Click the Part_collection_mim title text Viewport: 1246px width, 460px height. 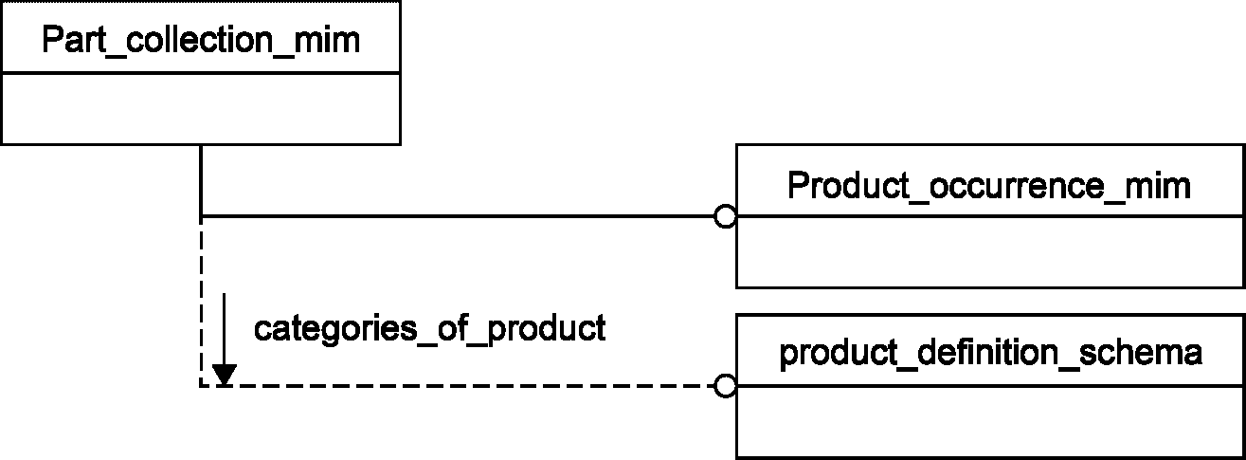coord(201,40)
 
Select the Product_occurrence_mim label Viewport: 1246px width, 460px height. coord(989,186)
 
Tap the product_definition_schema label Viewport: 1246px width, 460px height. coord(991,353)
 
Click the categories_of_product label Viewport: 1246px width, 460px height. coord(429,328)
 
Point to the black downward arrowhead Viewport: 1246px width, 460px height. coord(225,375)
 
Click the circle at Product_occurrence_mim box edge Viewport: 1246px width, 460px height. coord(726,216)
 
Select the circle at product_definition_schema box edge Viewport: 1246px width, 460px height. coord(726,385)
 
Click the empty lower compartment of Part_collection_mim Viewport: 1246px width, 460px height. coord(201,108)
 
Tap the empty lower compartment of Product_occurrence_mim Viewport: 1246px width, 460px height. coord(990,251)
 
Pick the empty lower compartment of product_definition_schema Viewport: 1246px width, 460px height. coord(990,421)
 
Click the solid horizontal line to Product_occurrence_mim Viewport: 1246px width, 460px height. coord(458,216)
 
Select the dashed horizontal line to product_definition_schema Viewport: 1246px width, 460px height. coord(458,385)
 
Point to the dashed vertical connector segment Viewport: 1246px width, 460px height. coord(201,301)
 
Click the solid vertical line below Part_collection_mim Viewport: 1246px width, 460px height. coord(201,180)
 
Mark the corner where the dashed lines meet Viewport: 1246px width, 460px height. coord(201,385)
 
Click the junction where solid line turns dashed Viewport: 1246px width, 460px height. coord(201,216)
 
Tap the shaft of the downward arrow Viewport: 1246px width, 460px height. coord(225,329)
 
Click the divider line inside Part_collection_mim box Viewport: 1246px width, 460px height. coord(201,72)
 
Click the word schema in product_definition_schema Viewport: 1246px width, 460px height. coord(1140,352)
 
